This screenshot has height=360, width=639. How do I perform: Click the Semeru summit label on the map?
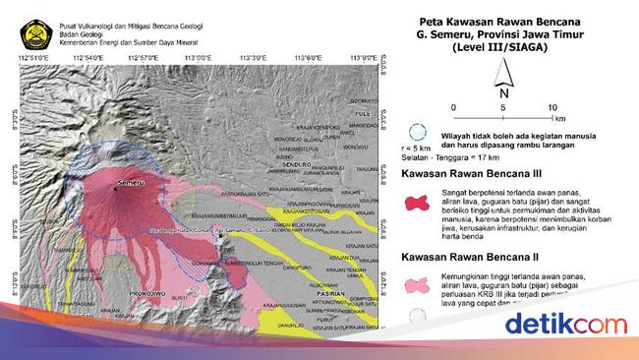click(130, 183)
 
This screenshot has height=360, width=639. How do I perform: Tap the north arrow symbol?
click(502, 74)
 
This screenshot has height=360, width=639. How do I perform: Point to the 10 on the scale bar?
click(553, 106)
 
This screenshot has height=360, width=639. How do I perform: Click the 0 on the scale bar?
click(452, 106)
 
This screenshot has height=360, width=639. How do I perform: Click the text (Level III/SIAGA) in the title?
click(502, 46)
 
